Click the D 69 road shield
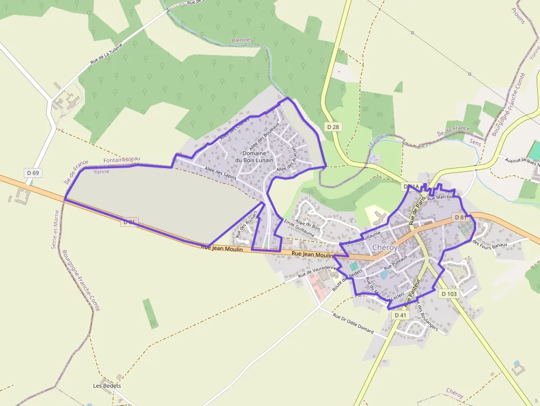click(x=33, y=173)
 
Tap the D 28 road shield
click(x=333, y=127)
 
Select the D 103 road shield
click(x=449, y=294)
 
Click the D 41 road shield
click(x=401, y=315)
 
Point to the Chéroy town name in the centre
click(x=385, y=248)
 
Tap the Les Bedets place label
click(x=107, y=386)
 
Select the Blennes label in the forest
click(x=242, y=40)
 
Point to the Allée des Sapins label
click(x=220, y=174)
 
